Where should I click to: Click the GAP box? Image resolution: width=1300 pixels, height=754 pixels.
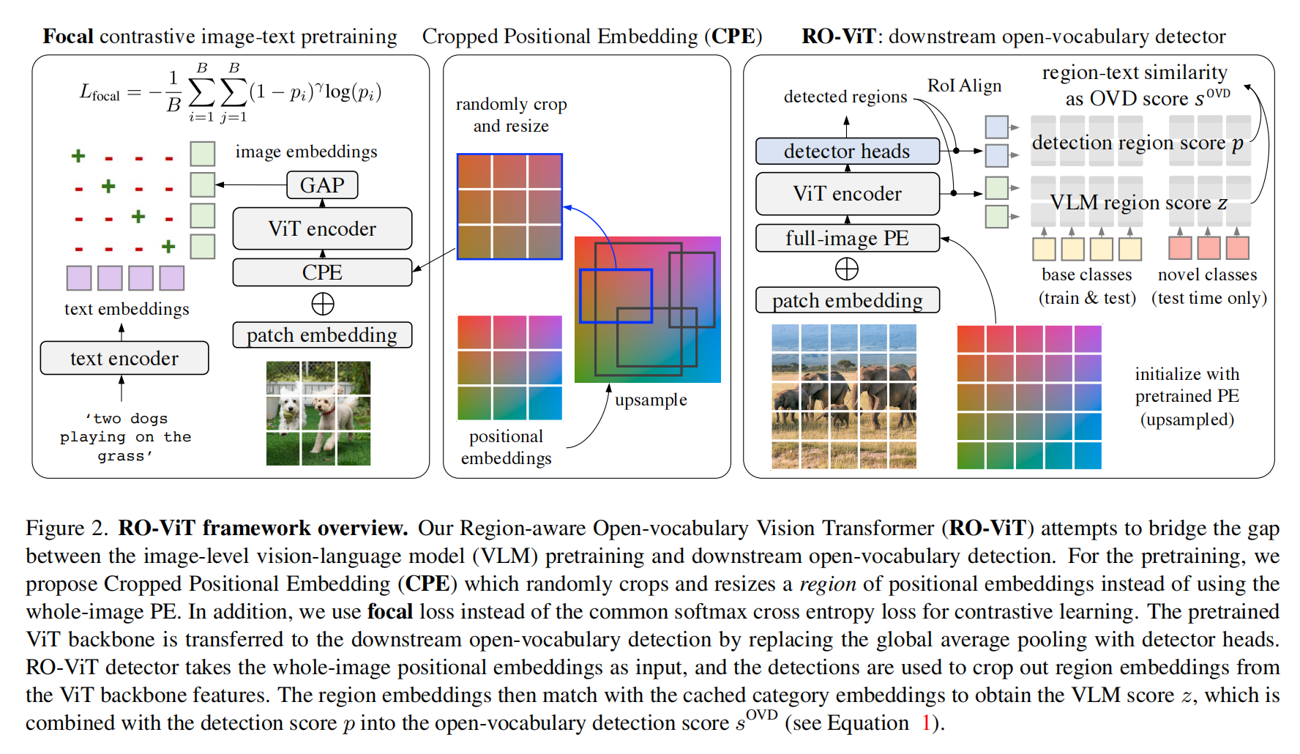(322, 185)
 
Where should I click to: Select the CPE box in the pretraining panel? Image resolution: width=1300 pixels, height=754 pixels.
(322, 272)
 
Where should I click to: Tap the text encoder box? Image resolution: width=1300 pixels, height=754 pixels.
(124, 358)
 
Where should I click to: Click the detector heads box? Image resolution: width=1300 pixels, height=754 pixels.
(847, 151)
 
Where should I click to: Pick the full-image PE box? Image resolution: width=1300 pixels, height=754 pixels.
(847, 238)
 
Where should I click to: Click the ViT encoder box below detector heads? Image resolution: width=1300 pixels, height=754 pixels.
(847, 193)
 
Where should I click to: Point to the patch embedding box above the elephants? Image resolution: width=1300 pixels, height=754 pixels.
(847, 300)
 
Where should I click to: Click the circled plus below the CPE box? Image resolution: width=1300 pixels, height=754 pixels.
(323, 304)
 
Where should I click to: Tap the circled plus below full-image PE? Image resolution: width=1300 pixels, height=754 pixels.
(847, 269)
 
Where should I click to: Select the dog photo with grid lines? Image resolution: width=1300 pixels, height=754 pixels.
(318, 414)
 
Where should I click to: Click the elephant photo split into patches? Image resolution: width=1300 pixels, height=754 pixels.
(843, 396)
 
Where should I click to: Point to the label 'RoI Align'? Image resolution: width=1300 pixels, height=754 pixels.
(964, 86)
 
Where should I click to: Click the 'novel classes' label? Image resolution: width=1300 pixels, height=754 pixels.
(1207, 275)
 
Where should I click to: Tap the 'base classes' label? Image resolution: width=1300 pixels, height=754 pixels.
(1086, 275)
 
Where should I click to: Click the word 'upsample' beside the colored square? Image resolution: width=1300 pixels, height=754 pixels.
(651, 400)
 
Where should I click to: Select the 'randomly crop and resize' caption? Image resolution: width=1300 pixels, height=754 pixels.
(511, 115)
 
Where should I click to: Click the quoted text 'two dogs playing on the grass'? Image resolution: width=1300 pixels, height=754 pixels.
(125, 437)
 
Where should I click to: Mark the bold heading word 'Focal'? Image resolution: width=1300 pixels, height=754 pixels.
(68, 37)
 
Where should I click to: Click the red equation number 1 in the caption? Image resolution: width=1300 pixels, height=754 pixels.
(926, 723)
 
